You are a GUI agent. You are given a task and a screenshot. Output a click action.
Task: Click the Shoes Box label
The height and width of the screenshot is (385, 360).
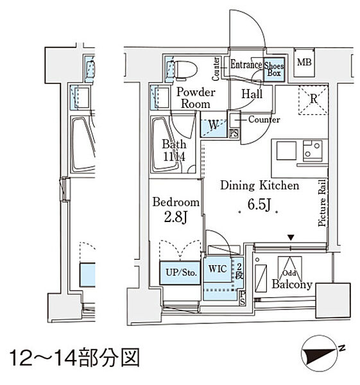click(274, 69)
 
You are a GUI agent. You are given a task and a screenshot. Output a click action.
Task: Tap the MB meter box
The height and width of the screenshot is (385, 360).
click(304, 63)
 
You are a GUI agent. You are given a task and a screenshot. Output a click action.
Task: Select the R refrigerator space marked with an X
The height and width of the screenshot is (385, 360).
click(313, 99)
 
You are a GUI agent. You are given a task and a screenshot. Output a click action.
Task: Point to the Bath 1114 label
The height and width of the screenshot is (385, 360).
click(174, 150)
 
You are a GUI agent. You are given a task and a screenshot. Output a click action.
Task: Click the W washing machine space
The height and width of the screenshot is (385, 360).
click(214, 125)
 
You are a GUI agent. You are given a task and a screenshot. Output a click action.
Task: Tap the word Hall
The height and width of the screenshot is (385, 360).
click(252, 94)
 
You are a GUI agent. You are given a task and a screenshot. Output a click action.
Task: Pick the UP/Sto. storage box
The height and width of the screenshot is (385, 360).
click(180, 273)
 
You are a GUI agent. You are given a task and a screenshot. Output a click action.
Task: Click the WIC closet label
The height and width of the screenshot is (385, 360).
click(218, 269)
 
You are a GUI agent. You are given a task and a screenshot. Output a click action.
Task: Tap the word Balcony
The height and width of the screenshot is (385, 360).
click(292, 284)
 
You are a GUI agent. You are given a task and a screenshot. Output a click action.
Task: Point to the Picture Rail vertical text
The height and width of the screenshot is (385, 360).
click(322, 203)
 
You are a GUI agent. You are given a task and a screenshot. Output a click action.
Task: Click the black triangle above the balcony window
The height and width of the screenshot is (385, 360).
click(291, 237)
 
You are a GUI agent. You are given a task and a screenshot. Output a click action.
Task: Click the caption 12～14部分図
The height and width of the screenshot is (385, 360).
click(74, 357)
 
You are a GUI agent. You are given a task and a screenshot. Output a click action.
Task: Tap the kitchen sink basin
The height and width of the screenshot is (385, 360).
click(286, 151)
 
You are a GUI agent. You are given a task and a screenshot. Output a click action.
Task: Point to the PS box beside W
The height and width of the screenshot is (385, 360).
click(234, 133)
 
